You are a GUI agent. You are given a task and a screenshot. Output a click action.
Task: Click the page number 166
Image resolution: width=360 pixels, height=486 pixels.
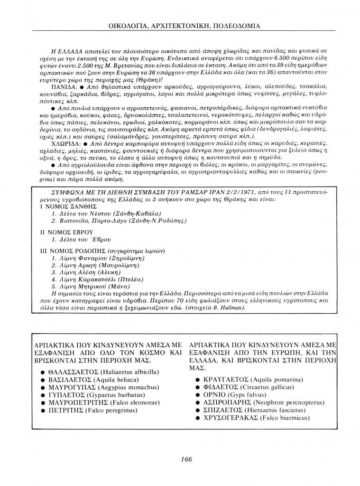point(186,458)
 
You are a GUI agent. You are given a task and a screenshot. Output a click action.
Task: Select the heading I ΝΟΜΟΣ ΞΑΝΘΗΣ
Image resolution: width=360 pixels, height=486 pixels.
point(68,207)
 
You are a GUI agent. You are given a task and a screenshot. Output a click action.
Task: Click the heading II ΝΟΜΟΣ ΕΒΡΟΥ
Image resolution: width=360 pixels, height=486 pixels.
point(65,232)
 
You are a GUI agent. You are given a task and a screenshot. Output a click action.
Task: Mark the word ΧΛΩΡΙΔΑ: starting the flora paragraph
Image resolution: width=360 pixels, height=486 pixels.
point(65,142)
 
